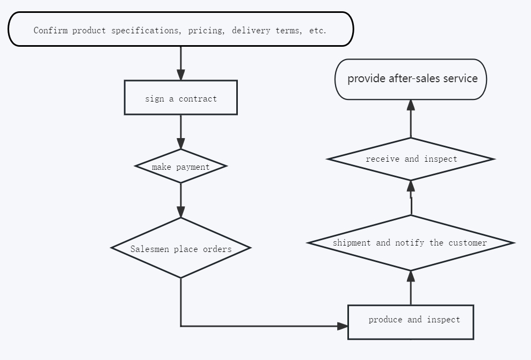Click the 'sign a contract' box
click(x=181, y=98)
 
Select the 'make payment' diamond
click(x=181, y=166)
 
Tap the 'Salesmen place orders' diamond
click(x=181, y=248)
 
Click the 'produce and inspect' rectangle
click(x=411, y=322)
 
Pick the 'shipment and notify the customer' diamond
click(x=411, y=243)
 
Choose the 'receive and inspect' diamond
click(x=411, y=159)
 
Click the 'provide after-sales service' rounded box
click(x=411, y=80)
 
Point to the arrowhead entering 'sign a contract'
click(x=181, y=75)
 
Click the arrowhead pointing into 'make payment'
click(x=181, y=143)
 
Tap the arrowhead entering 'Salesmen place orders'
click(x=181, y=212)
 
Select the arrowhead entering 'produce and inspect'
click(x=343, y=327)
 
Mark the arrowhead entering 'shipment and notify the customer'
click(x=411, y=276)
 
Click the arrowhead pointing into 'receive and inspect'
click(x=411, y=186)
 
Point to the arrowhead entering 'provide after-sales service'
click(x=411, y=105)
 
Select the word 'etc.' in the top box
click(x=318, y=30)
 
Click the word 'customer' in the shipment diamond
click(x=468, y=243)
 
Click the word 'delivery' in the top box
click(x=251, y=30)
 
